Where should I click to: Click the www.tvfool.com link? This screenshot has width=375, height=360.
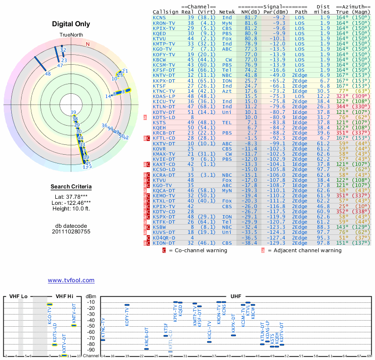[x=71, y=280]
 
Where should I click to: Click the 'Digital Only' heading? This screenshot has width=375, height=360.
[x=71, y=24]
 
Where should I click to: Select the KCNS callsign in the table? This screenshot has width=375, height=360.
[x=160, y=17]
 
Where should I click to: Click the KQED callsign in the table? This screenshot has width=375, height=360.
[x=160, y=33]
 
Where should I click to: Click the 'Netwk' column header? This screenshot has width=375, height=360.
[x=227, y=12]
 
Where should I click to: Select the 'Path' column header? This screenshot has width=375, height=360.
[x=301, y=12]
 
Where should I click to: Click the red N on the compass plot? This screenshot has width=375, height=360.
[x=88, y=45]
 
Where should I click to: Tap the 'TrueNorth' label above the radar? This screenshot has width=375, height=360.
[x=71, y=36]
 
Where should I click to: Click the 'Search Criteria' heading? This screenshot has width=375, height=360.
[x=71, y=187]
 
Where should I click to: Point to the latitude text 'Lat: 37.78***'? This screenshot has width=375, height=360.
[x=71, y=196]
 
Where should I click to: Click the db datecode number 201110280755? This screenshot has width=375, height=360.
[x=71, y=232]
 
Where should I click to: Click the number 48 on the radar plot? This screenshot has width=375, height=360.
[x=48, y=74]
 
